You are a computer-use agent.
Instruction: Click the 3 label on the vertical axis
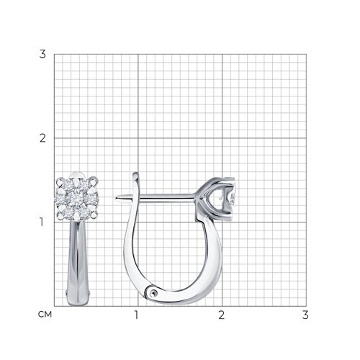click(42, 54)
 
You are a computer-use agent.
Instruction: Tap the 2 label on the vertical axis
click(42, 138)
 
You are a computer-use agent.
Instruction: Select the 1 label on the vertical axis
click(42, 222)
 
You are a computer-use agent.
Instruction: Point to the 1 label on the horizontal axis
click(136, 315)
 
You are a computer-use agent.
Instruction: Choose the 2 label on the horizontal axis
click(221, 315)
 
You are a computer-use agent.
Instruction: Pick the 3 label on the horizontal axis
click(305, 315)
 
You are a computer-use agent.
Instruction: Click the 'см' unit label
click(45, 315)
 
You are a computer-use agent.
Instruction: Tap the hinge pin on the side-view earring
click(153, 292)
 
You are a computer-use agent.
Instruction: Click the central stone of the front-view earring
click(77, 198)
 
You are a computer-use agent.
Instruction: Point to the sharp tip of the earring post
click(116, 198)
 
